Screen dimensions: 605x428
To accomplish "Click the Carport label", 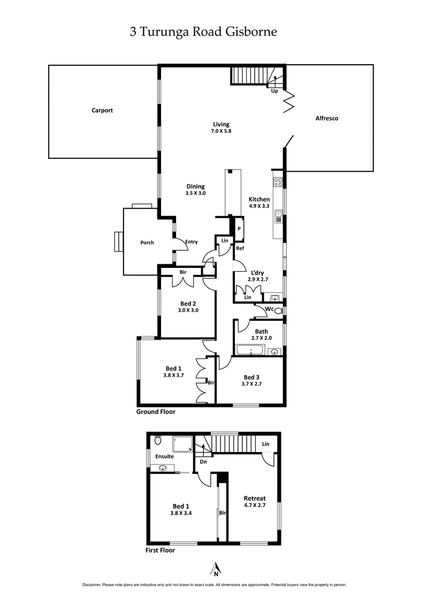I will (102, 111).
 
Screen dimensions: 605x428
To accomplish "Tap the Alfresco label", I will (327, 118).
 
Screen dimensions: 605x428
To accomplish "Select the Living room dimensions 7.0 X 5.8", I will (221, 131).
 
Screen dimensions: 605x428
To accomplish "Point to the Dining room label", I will (196, 186).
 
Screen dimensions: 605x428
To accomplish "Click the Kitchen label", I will (259, 200).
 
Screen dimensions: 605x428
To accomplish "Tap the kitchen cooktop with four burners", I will (278, 182).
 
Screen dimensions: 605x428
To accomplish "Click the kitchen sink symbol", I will (279, 217).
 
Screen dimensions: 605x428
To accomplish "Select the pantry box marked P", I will (239, 228).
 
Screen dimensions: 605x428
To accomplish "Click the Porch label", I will (147, 243).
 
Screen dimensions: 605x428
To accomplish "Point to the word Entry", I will (191, 242).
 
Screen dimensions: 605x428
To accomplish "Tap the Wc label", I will (270, 309).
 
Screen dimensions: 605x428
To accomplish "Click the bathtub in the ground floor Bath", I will (250, 351).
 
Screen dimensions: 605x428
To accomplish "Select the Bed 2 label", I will (188, 303).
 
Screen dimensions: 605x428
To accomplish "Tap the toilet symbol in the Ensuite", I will (158, 441).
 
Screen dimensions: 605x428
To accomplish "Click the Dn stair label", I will (203, 462).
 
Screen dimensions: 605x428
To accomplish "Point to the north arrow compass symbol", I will (216, 569).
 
